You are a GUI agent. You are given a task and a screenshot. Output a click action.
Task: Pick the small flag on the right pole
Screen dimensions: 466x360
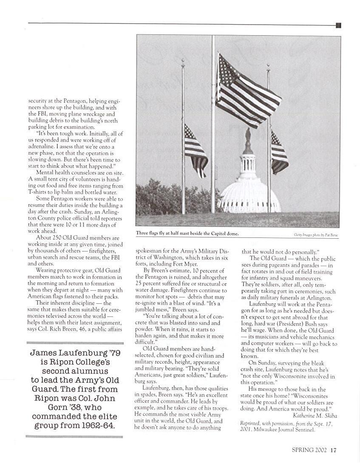(x=279, y=152)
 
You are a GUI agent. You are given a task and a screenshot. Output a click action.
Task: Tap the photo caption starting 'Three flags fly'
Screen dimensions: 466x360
(x=187, y=234)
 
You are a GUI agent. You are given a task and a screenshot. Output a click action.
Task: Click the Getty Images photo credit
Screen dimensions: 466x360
(x=316, y=234)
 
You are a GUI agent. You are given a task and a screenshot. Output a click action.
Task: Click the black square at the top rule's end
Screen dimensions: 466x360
(x=338, y=25)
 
